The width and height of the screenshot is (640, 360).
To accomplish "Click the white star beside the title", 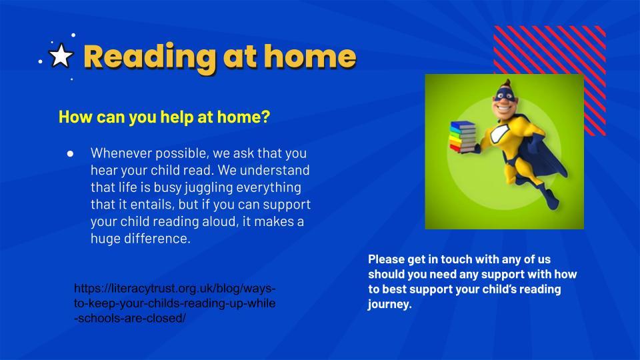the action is click(x=61, y=55).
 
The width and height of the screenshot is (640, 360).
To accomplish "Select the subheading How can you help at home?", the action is click(x=165, y=117).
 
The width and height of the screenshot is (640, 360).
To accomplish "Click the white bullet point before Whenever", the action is click(x=70, y=153).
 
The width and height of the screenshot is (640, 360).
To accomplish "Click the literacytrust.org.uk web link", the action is click(x=175, y=303).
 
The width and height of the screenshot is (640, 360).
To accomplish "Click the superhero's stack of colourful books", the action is click(x=463, y=137).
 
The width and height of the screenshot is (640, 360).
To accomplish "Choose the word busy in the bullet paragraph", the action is click(x=167, y=188).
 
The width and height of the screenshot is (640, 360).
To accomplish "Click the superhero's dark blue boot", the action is click(x=552, y=199).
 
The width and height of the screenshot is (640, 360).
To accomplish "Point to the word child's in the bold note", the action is click(x=500, y=289).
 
